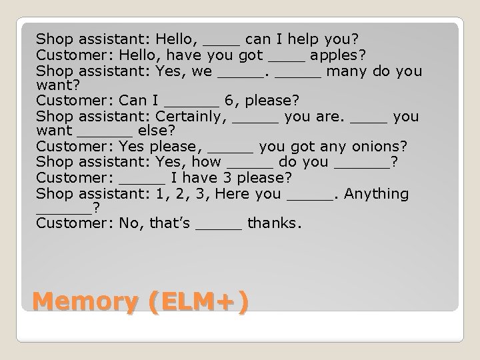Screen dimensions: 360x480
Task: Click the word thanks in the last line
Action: [274, 223]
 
